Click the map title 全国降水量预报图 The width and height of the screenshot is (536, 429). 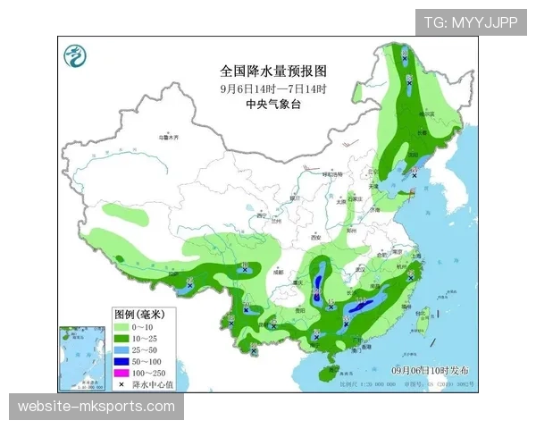tap(274, 70)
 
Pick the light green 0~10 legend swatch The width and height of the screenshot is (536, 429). tap(121, 328)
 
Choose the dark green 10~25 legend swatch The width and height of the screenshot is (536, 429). tap(121, 339)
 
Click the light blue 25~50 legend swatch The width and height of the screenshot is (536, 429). tap(121, 349)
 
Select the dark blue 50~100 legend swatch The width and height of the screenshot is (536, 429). tap(121, 361)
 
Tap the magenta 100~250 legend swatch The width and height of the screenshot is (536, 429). tap(121, 372)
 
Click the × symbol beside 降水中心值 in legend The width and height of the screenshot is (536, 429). tap(121, 383)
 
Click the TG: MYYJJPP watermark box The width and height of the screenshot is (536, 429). tap(471, 22)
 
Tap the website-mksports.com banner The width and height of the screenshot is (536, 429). tap(96, 407)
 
